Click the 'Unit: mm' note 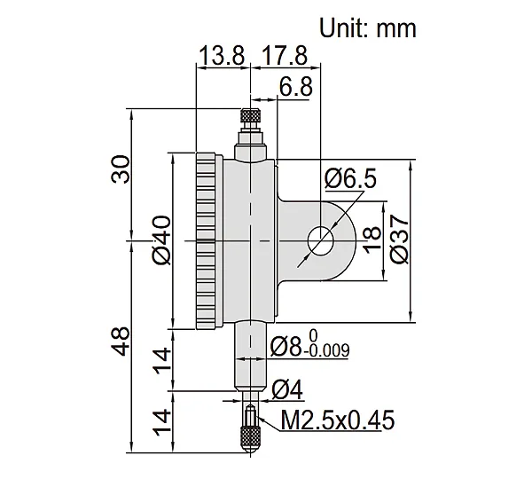click(368, 28)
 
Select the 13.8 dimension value click(222, 56)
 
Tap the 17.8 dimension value click(285, 56)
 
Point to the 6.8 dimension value click(295, 87)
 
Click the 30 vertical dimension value click(121, 169)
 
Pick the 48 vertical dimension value click(121, 342)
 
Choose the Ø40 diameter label click(161, 239)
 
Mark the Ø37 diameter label click(400, 239)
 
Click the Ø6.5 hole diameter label click(350, 179)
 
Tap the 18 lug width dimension click(372, 239)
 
